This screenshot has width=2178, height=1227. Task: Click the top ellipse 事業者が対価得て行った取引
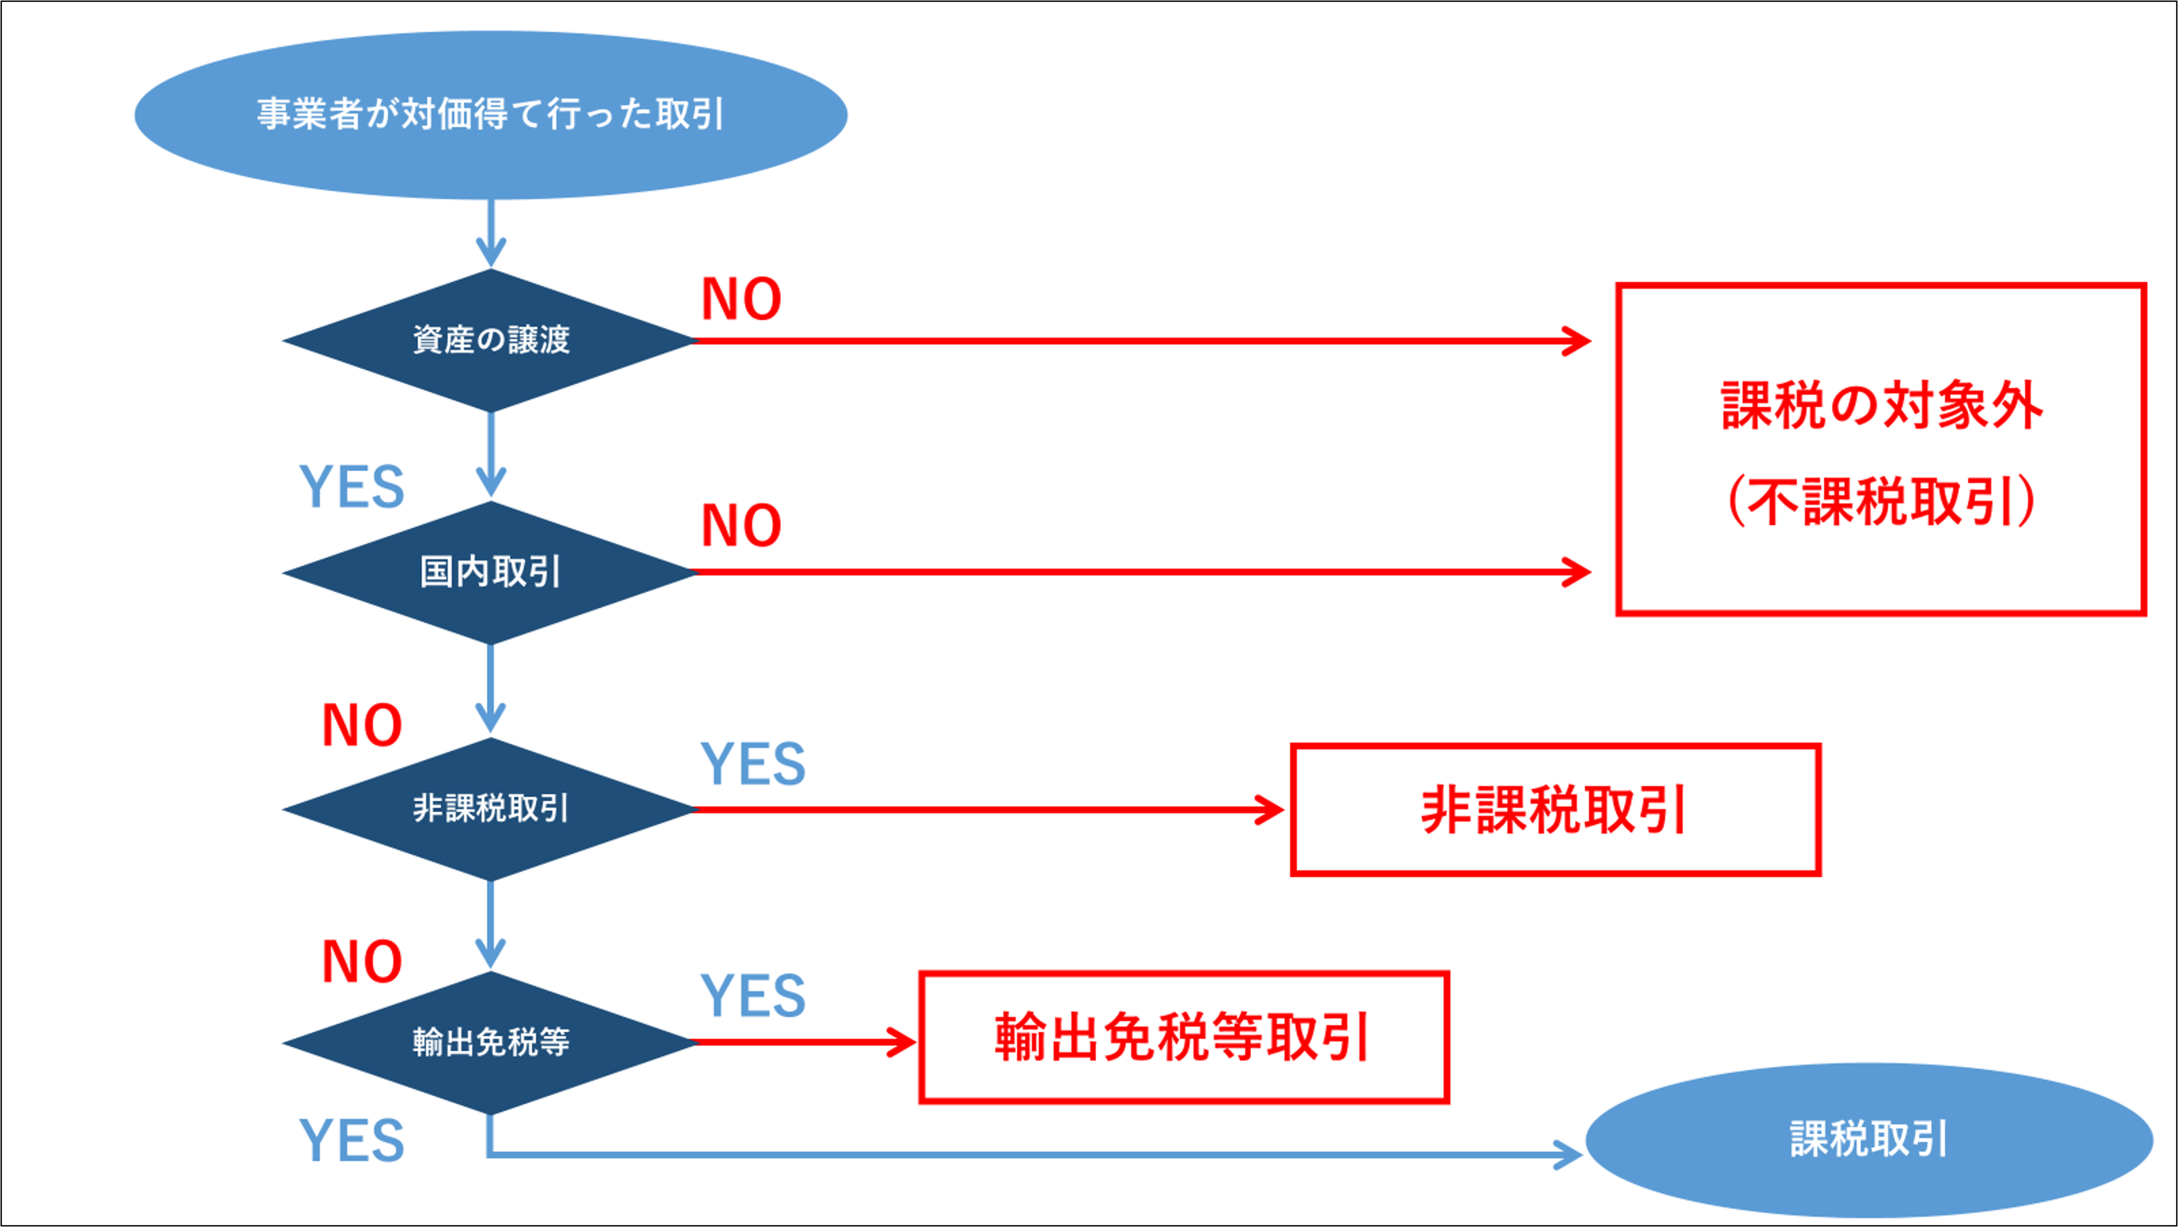coord(490,114)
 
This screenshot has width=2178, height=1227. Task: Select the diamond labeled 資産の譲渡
coord(490,340)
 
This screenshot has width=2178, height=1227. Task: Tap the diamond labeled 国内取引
coord(490,573)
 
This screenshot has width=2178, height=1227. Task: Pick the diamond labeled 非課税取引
coord(490,808)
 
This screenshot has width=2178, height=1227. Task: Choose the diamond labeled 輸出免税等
coord(490,1042)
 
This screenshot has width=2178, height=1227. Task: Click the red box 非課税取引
coord(1554,809)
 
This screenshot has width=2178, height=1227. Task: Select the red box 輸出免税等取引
coord(1183,1037)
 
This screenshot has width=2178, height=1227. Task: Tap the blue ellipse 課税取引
coord(1868,1139)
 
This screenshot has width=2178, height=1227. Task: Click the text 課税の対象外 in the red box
coord(1882,406)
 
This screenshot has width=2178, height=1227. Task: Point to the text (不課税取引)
coord(1882,501)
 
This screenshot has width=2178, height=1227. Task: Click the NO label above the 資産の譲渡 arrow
coord(741,300)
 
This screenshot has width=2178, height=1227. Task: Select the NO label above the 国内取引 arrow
coord(741,526)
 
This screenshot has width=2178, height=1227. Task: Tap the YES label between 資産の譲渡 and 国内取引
coord(352,488)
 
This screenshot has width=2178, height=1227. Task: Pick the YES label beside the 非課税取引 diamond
coord(753,764)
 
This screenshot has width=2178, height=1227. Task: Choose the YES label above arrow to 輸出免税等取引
coord(753,996)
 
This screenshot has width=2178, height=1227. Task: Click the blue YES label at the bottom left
coord(352,1140)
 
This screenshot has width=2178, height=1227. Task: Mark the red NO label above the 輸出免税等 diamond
coord(362,962)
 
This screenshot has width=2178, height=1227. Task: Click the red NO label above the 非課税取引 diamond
coord(362,726)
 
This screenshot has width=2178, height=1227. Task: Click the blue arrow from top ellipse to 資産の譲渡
coord(490,232)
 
